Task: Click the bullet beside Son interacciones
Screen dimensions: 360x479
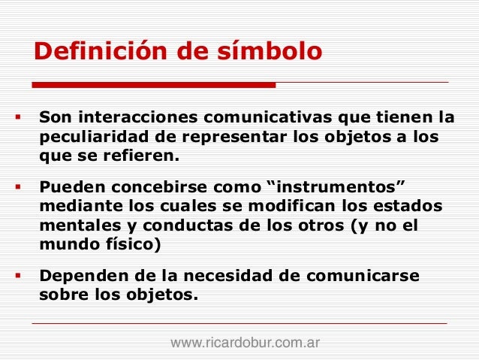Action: (17, 118)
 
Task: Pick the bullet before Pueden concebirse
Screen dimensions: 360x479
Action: (17, 187)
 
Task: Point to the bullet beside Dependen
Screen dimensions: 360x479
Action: (17, 274)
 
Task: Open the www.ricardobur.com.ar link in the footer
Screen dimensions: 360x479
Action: (246, 343)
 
